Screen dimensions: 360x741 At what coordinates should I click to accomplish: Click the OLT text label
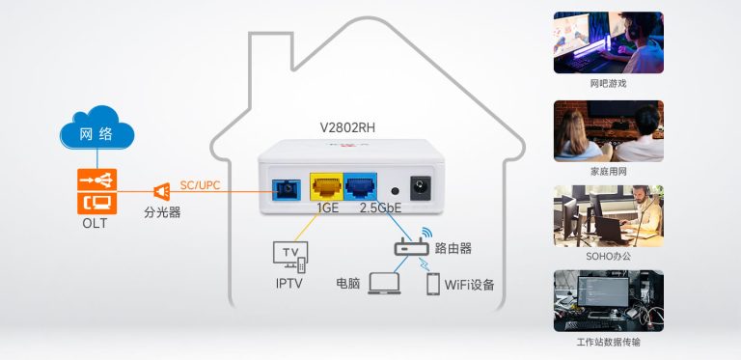96,224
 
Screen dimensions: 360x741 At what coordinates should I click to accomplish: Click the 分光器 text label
162,212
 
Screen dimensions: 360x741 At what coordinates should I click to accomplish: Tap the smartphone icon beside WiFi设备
433,284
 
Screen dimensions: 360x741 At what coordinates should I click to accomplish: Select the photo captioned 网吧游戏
608,42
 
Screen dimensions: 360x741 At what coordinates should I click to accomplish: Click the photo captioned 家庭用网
608,130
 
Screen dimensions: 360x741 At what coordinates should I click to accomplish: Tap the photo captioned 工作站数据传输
608,300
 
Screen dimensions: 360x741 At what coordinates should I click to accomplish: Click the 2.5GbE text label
380,208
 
